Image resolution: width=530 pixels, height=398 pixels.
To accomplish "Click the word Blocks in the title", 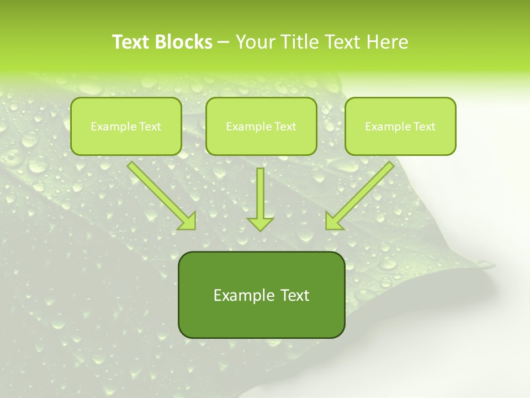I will [183, 42].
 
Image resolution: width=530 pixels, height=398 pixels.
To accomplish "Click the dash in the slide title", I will [224, 43].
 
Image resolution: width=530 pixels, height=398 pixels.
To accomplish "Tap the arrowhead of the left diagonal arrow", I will [188, 221].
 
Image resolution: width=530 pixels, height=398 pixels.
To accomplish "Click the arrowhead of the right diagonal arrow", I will [333, 221].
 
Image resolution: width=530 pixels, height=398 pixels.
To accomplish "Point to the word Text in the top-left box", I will [150, 127].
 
